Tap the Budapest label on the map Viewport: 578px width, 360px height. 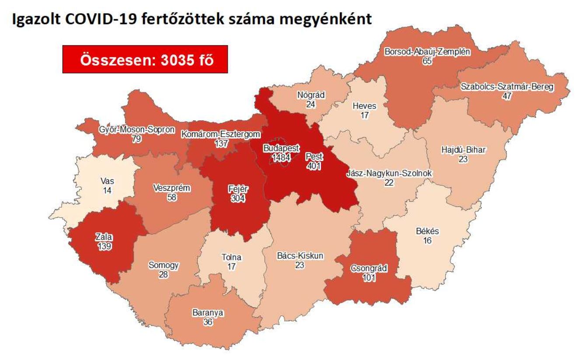tap(282, 148)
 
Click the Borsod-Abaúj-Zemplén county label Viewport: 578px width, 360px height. tap(427, 52)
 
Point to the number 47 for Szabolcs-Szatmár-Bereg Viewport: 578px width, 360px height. tap(507, 96)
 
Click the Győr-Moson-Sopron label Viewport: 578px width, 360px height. tap(131, 130)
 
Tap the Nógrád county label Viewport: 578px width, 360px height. tap(311, 95)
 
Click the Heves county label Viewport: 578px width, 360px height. tap(365, 106)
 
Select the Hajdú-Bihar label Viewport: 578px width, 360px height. tap(463, 151)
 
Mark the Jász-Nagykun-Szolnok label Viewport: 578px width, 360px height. tap(389, 174)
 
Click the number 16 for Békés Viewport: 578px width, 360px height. tap(428, 240)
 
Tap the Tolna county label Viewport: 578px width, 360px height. tap(232, 258)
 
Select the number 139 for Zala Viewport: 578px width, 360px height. tap(104, 246)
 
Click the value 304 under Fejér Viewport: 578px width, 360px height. tap(238, 199)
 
